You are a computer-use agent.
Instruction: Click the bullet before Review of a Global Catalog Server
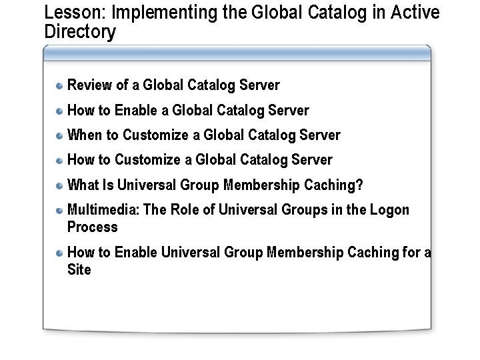point(60,86)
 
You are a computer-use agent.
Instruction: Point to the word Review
point(90,85)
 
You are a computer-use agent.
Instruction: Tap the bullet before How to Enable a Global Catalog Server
point(60,111)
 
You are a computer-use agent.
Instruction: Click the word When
point(85,135)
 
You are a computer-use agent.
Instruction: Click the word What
point(83,185)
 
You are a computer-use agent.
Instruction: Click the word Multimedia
point(103,210)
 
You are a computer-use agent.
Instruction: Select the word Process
point(92,227)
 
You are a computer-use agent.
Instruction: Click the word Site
point(79,270)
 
